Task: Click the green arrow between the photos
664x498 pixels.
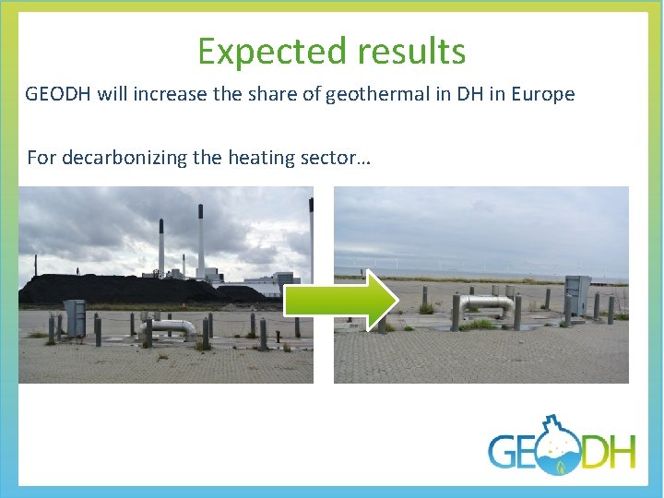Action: pyautogui.click(x=339, y=299)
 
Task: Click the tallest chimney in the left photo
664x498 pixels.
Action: pyautogui.click(x=200, y=242)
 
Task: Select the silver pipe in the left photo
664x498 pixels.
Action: pyautogui.click(x=174, y=326)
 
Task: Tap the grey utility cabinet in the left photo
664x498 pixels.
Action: pyautogui.click(x=75, y=317)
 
